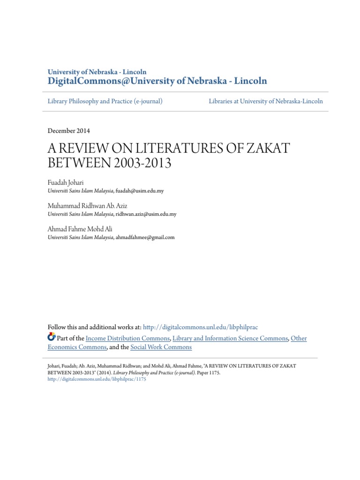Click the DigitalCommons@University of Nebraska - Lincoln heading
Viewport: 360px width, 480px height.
[x=157, y=81]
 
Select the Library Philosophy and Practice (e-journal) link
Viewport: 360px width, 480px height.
[x=105, y=101]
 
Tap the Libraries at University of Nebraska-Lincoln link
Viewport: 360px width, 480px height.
[x=266, y=101]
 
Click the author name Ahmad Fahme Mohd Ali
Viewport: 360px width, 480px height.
[x=80, y=229]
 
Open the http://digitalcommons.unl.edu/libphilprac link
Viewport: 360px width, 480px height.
[x=200, y=327]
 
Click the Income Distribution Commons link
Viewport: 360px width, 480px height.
[x=127, y=338]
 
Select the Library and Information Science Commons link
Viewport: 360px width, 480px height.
[x=230, y=338]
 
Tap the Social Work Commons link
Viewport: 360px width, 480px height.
[x=161, y=347]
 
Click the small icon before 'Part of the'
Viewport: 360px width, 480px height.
[x=52, y=337]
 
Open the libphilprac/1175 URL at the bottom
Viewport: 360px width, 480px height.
[x=97, y=380]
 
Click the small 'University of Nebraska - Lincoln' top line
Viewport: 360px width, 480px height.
[x=97, y=72]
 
